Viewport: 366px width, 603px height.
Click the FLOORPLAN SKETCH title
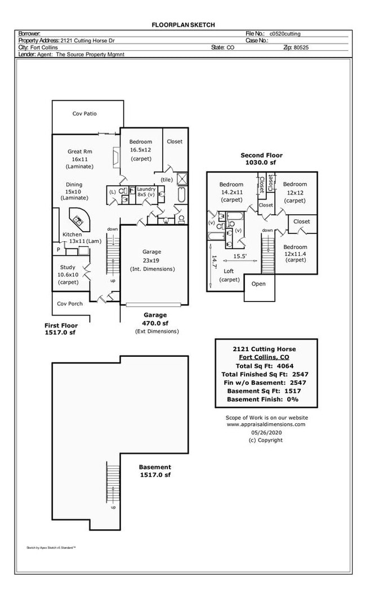click(x=183, y=25)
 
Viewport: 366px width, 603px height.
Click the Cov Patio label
click(x=84, y=114)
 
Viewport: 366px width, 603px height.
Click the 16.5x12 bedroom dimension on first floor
click(x=141, y=150)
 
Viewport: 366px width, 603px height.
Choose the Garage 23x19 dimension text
click(x=151, y=260)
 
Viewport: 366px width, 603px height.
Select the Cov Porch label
click(x=70, y=304)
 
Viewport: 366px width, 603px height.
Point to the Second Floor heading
click(x=261, y=156)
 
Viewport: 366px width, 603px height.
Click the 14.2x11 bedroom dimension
click(x=231, y=192)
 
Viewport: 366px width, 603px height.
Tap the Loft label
click(x=229, y=271)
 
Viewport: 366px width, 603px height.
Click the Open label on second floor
click(x=258, y=283)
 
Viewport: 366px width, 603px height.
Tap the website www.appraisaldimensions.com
click(x=266, y=424)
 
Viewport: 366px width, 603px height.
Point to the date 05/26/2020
click(x=266, y=432)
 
